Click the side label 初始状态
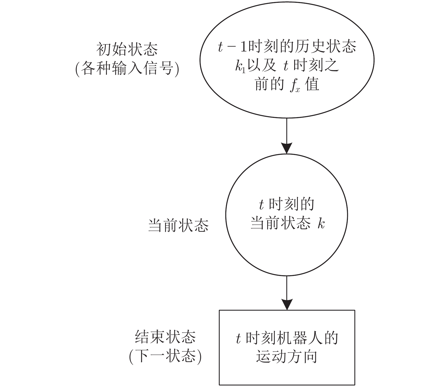point(127,49)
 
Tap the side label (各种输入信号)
point(127,68)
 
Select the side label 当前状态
point(178,225)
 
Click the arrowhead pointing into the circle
point(287,148)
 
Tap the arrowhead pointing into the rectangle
point(287,304)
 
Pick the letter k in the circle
point(321,223)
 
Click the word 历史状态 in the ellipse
point(326,47)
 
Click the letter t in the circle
point(261,205)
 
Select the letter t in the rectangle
point(239,338)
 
